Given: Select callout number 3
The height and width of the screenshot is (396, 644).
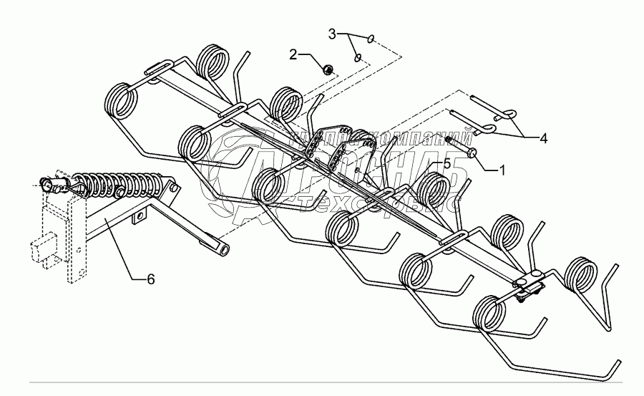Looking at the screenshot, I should coord(332,34).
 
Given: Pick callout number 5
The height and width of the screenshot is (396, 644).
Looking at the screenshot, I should coord(447,164).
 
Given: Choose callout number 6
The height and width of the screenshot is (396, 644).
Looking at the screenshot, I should coord(151,279).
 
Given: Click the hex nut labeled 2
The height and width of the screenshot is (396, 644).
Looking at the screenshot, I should coord(327,69).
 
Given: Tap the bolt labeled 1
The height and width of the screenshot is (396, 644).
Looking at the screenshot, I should coord(470,152).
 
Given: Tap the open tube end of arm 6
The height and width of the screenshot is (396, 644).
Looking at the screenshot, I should coord(224,250).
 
